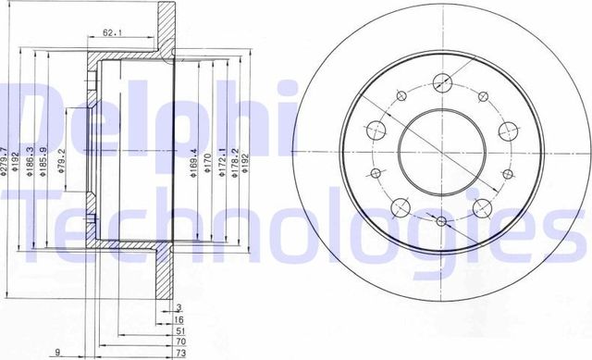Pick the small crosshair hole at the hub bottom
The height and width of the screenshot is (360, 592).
click(440, 222)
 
